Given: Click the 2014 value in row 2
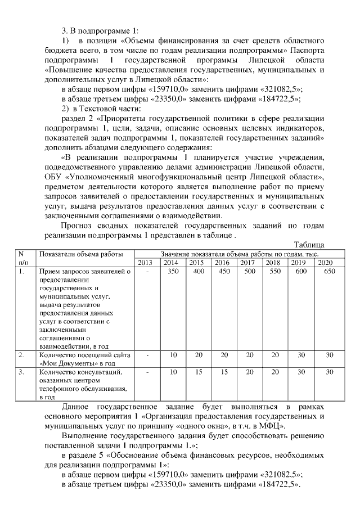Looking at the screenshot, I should (173, 355).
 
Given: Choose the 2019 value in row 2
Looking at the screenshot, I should (301, 355).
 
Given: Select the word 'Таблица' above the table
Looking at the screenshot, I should (309, 245).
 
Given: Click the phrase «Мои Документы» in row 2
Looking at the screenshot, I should (62, 363).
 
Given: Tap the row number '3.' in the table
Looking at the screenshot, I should (21, 372).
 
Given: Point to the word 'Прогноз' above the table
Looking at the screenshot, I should (76, 226).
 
